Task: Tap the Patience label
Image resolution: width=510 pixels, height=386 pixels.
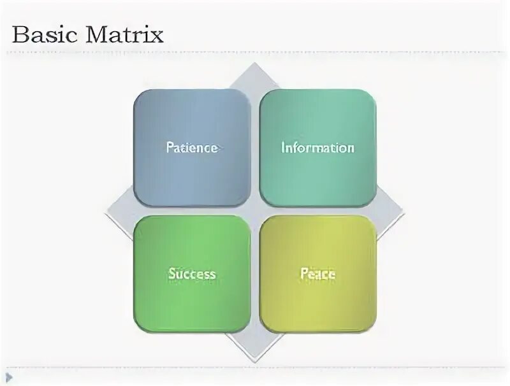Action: pos(192,148)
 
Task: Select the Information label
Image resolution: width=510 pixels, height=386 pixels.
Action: pos(317,148)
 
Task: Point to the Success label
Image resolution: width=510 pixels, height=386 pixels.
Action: pos(192,274)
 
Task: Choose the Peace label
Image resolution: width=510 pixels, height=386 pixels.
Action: pos(317,274)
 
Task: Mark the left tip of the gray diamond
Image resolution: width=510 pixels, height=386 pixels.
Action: pos(108,211)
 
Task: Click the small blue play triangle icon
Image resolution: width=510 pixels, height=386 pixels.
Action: pos(9,377)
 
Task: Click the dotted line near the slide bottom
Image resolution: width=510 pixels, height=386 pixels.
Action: pos(255,368)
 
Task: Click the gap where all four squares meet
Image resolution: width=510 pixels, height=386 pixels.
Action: pos(254,211)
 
